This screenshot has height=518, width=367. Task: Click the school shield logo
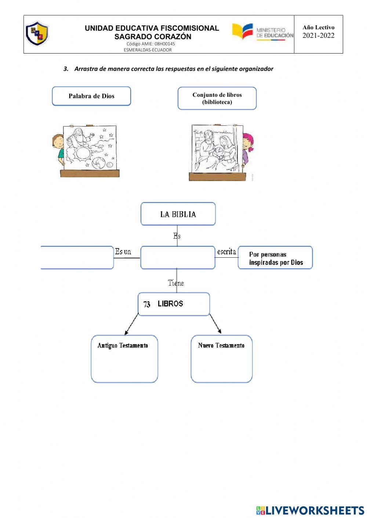(37, 33)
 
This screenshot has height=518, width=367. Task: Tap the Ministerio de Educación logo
(263, 32)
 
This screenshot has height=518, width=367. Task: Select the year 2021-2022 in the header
(318, 36)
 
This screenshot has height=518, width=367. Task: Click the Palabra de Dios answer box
(91, 96)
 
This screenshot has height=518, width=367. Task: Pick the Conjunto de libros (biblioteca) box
(217, 98)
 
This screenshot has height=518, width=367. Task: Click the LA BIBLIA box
(178, 214)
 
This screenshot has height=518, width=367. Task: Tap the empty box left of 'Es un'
(77, 258)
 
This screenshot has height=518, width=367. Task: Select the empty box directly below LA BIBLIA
(178, 258)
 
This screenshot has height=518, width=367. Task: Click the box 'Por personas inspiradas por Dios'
(275, 258)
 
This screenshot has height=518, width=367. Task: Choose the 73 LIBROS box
(174, 304)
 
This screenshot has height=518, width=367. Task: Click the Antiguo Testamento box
(124, 359)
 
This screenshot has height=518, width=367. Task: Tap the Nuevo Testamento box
(221, 359)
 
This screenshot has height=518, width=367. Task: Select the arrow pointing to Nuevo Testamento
(215, 324)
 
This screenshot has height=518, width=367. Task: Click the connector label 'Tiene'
(176, 283)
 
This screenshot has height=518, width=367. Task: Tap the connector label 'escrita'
(226, 251)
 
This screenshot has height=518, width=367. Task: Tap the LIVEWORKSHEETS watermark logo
(310, 510)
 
